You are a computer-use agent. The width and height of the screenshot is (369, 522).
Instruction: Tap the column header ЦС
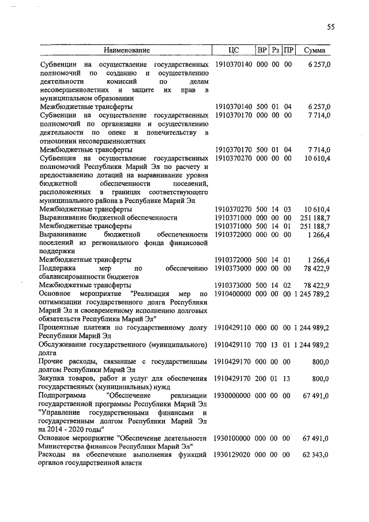tap(233, 50)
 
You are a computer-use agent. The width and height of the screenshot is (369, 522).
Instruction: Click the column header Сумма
tap(314, 50)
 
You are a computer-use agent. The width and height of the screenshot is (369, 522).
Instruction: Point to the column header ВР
tap(262, 50)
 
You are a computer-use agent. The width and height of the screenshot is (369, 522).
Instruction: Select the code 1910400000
tap(233, 294)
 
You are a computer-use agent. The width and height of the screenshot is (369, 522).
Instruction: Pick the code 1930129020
tap(233, 455)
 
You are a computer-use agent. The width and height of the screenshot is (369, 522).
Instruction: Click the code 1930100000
tap(233, 438)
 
